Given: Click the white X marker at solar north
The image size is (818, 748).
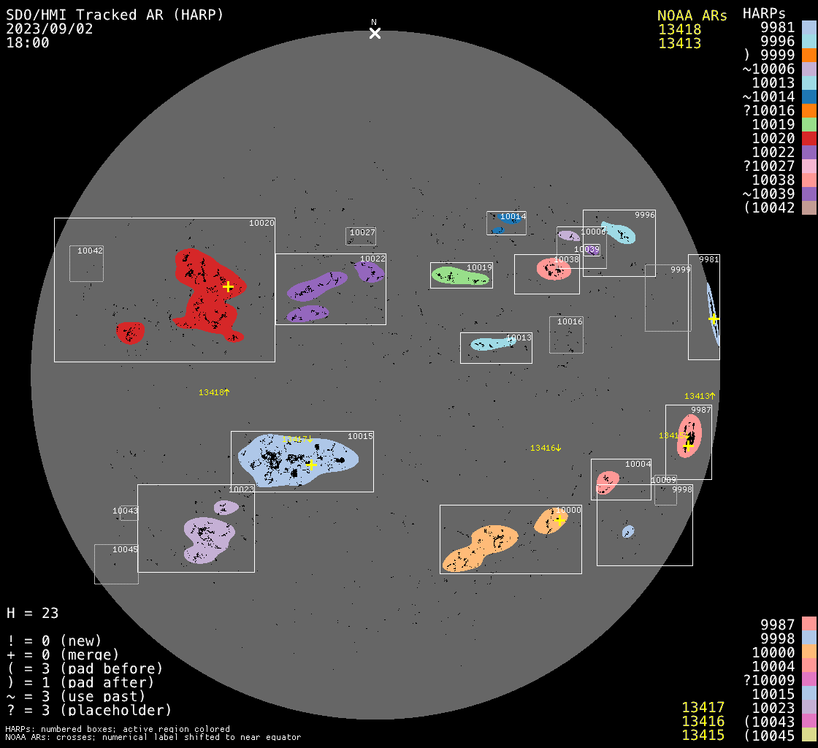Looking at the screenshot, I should [375, 33].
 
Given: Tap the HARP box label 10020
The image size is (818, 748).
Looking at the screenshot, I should [261, 223].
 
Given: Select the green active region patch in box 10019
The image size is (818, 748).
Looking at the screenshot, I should [460, 275].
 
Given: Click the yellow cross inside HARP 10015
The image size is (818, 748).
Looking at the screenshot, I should [311, 465].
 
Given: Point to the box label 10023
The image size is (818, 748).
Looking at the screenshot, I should [241, 489].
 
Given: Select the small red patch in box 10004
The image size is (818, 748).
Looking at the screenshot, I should [608, 481].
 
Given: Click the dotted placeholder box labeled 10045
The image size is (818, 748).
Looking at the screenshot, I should [116, 564].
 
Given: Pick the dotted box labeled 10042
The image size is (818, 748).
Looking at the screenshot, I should [86, 263].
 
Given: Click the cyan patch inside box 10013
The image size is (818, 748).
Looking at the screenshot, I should [492, 343].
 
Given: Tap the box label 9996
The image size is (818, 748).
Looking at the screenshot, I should [644, 215].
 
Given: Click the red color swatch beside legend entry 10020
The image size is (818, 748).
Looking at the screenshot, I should [809, 138].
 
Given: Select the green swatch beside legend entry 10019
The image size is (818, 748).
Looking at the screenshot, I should [809, 124].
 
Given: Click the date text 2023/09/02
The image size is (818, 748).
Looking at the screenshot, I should [42, 28].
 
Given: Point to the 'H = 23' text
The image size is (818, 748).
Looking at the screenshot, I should [33, 613].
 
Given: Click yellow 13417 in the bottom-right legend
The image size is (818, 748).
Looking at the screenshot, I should [703, 707].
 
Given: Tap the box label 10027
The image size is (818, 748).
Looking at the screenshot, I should [362, 232].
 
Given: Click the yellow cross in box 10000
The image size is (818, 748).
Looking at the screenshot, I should [559, 519].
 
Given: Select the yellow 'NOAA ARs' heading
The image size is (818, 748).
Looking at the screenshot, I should [692, 16].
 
